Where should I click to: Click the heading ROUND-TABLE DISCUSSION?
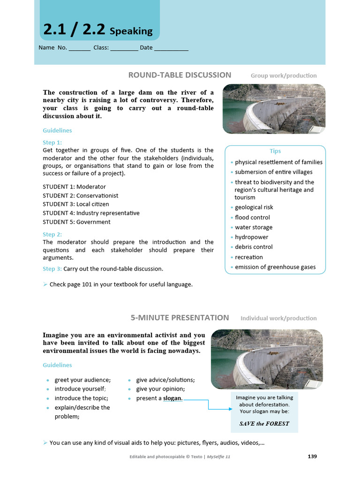coord(180,75)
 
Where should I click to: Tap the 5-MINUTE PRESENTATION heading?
coord(180,318)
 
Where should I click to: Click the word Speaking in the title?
coord(131,31)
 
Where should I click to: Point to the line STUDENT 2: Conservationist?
coord(81,195)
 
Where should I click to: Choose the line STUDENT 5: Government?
coord(76,222)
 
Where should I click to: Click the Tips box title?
coord(275,151)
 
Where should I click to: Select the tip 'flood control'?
coord(252,217)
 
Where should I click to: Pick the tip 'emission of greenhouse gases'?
coord(275,267)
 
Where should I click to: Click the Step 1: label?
coord(52,142)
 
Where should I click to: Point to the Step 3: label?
coord(52,269)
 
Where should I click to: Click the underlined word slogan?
coord(172,398)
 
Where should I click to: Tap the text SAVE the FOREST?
coord(264,423)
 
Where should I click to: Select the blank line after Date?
coord(171,48)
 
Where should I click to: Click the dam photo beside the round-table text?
coord(274,109)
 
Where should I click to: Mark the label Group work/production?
coord(284,75)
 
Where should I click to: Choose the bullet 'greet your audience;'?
coord(82,380)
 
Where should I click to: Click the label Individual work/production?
coord(278,318)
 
